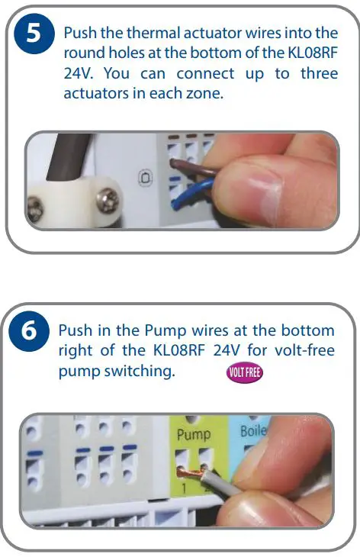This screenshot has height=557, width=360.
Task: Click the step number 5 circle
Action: (33, 35)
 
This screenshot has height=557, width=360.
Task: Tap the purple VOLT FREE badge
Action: (244, 374)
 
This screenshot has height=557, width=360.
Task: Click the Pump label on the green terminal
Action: (193, 435)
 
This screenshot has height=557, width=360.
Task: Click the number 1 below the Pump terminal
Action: (183, 494)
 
